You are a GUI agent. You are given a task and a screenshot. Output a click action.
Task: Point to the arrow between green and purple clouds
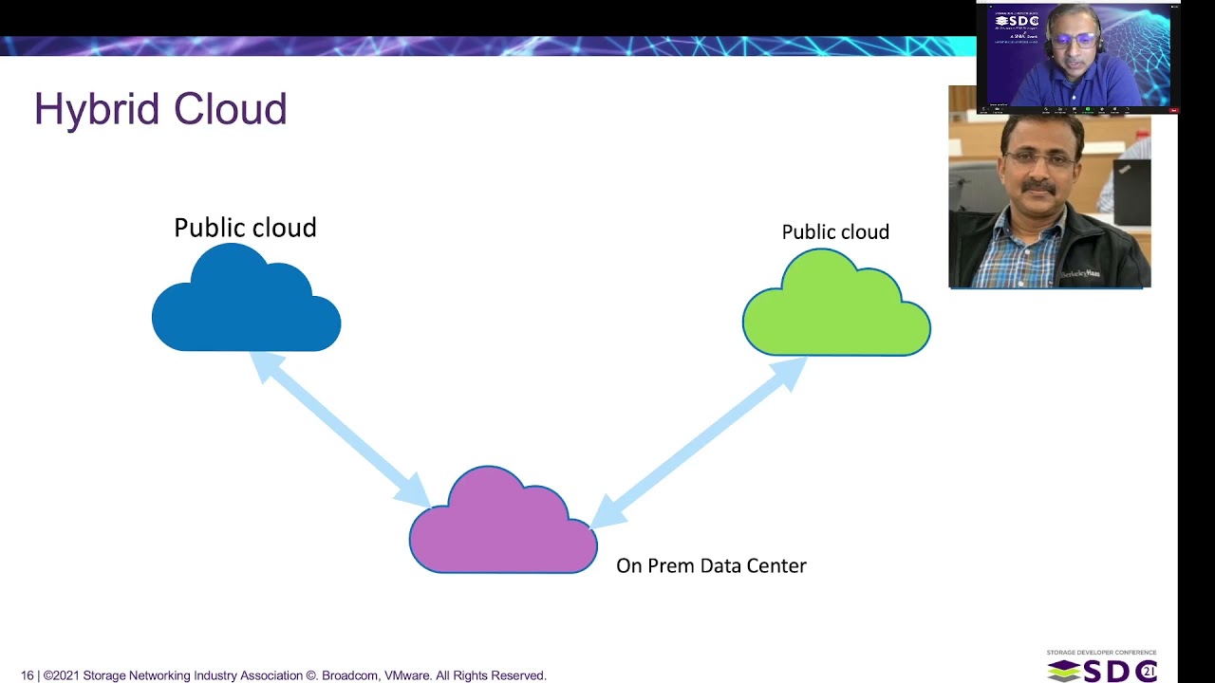coord(698,441)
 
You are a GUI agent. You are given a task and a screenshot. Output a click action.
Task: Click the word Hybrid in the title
coord(96,110)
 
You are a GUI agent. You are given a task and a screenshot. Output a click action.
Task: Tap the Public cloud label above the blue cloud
coord(245,228)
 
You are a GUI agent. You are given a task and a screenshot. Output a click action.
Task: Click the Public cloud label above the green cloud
coord(835,232)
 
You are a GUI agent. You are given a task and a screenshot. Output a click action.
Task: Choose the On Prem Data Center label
coord(711,566)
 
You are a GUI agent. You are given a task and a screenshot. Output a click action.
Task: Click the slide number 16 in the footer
coord(28,675)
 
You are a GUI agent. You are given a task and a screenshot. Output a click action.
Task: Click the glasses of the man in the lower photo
coord(1040,158)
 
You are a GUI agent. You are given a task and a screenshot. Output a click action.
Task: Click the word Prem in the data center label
coord(670,566)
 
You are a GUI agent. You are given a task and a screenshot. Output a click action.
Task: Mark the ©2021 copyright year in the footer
coord(61,675)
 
